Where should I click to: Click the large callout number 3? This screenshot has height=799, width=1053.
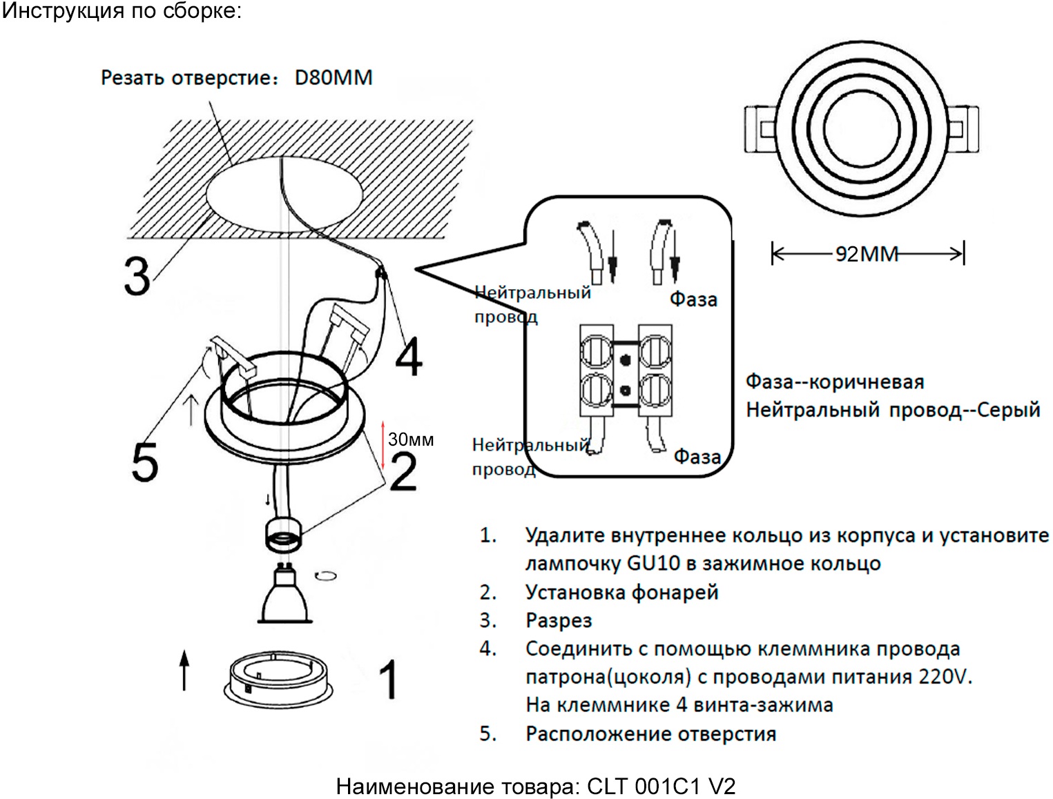pos(137,276)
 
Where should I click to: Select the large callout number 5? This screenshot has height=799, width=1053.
pos(145,462)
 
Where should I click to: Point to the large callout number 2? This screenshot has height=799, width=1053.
pos(403,472)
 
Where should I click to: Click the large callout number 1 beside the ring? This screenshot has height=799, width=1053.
pos(389,680)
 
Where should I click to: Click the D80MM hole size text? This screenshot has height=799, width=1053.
pos(334,77)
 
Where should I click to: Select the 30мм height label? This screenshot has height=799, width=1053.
pos(411,440)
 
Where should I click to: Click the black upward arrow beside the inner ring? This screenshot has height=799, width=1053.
pos(184,669)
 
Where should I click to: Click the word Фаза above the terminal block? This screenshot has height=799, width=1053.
pos(693,299)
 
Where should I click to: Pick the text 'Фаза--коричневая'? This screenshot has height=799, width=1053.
pos(835,382)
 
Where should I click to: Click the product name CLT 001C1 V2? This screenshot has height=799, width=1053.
pos(661,787)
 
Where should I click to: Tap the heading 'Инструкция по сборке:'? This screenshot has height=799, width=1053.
pos(122,11)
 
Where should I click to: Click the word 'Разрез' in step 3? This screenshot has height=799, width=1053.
pos(559,620)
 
